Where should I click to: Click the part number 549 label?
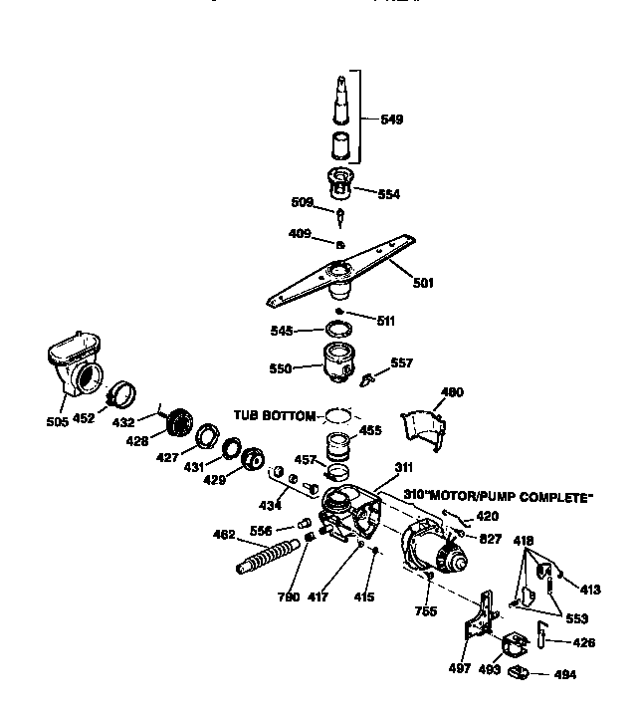[x=392, y=120]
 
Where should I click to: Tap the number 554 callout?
[x=389, y=194]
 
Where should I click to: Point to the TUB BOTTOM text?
[x=274, y=414]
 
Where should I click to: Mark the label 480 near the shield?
[x=452, y=392]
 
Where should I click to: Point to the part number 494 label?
[x=565, y=674]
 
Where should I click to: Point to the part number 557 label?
[x=401, y=363]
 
